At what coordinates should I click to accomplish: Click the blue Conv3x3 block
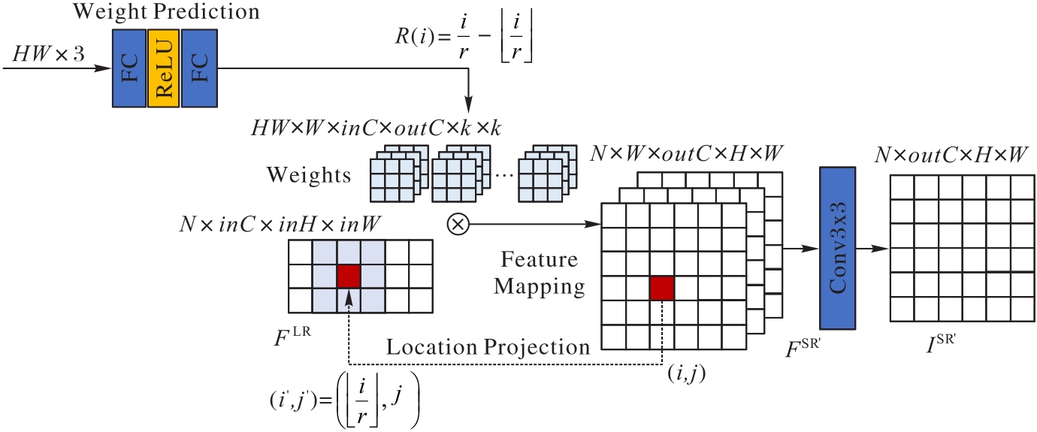coord(837,248)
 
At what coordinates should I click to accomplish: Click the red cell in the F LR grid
coord(349,276)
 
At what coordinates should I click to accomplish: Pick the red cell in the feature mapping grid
coord(662,289)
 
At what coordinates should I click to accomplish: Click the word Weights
coord(309,176)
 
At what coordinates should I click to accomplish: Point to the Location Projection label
coord(488,347)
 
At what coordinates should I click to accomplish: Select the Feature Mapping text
coord(540,273)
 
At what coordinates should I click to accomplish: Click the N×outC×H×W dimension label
coord(951,156)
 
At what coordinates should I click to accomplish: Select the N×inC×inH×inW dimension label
coord(280,224)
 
